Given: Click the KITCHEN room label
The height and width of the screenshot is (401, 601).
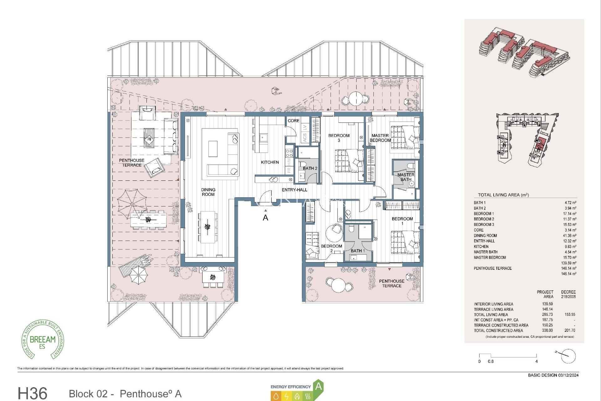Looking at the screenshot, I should (270, 162).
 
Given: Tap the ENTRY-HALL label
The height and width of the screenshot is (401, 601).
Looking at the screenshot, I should (294, 190).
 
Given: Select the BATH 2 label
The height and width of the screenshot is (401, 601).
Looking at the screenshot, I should (310, 169).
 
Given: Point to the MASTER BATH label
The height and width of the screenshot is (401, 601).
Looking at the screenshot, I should (406, 177).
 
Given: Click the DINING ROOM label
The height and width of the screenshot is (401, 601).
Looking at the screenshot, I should (208, 192).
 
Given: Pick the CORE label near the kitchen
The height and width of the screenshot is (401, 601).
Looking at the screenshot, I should (293, 121).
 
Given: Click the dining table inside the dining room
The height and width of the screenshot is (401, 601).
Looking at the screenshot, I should (207, 227).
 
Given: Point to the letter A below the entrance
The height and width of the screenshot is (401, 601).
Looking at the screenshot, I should (265, 218).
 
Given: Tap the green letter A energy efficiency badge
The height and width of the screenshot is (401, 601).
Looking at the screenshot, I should (318, 386).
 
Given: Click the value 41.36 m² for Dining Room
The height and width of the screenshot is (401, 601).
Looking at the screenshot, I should (569, 236).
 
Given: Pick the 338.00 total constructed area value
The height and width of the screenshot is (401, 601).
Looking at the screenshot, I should (547, 330).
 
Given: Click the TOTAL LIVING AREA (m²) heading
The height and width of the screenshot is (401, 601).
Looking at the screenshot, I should (503, 195).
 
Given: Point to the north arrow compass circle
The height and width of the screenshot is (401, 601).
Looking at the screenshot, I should (568, 356).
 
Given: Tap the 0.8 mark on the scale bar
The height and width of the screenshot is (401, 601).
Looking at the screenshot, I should (491, 361).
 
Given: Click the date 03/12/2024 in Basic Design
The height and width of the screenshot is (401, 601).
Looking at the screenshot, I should (568, 375).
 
